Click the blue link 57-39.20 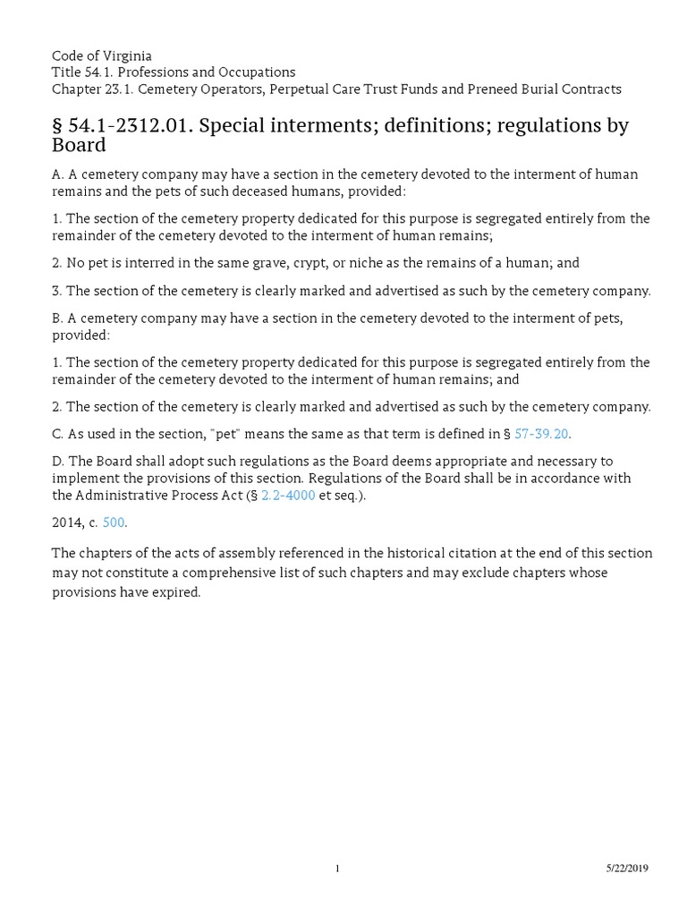542,434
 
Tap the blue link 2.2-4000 288,495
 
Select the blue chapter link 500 114,522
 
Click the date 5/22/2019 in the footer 627,869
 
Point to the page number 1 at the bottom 338,869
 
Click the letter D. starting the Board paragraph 58,461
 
